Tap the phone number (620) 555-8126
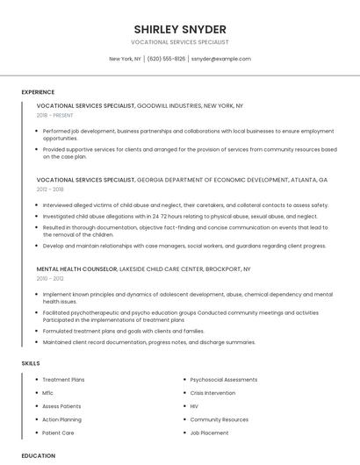pyautogui.click(x=166, y=59)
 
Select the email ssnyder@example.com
pyautogui.click(x=220, y=59)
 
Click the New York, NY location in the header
pyautogui.click(x=125, y=59)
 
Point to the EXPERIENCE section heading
pyautogui.click(x=38, y=92)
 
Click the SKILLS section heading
pyautogui.click(x=30, y=362)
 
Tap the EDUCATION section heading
pyautogui.click(x=39, y=455)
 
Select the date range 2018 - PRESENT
pyautogui.click(x=54, y=115)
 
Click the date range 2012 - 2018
pyautogui.click(x=50, y=189)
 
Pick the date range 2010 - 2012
pyautogui.click(x=50, y=278)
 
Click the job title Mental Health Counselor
pyautogui.click(x=76, y=269)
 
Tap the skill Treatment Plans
pyautogui.click(x=63, y=380)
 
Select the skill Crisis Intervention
pyautogui.click(x=212, y=393)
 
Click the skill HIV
pyautogui.click(x=194, y=406)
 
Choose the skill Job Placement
pyautogui.click(x=209, y=433)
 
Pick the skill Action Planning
pyautogui.click(x=61, y=419)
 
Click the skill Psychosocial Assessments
pyautogui.click(x=223, y=380)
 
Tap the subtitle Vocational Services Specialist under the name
pyautogui.click(x=180, y=42)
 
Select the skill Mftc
pyautogui.click(x=48, y=393)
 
